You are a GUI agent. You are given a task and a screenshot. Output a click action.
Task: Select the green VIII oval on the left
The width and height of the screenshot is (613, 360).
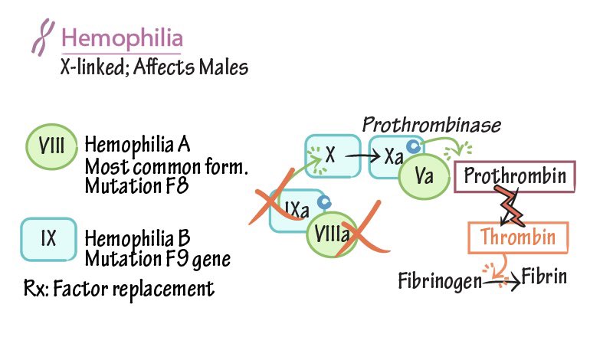click(x=50, y=146)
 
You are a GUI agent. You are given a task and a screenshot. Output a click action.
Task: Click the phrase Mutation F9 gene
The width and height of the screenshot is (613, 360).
click(x=157, y=259)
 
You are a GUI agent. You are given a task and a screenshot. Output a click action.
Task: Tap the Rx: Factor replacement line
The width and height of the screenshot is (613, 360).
click(x=119, y=289)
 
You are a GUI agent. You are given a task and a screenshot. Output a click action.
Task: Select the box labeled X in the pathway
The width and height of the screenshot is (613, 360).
click(x=332, y=156)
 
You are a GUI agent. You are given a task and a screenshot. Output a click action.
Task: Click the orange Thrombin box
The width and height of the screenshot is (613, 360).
click(x=517, y=237)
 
